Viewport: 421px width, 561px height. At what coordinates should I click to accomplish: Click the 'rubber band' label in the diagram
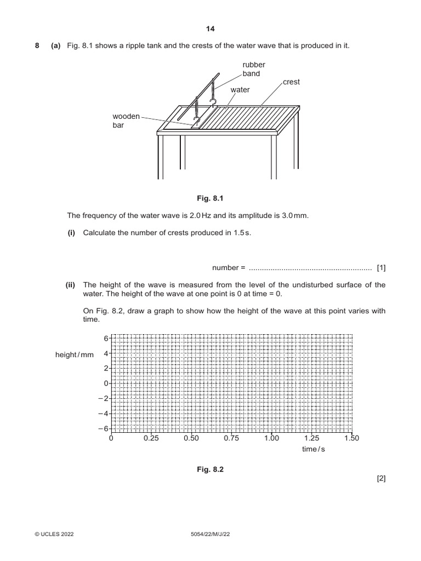pos(254,69)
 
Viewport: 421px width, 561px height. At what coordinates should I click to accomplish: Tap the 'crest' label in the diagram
pos(292,82)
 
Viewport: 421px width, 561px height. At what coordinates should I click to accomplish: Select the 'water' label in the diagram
pos(240,89)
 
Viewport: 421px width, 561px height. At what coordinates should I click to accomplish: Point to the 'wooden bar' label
pos(127,121)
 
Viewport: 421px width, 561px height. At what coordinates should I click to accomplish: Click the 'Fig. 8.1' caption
pos(210,198)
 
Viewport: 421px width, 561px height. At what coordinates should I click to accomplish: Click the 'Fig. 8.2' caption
pos(210,470)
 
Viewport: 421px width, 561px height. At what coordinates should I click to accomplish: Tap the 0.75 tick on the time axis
pos(231,438)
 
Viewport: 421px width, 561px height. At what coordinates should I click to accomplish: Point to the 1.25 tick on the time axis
pos(311,438)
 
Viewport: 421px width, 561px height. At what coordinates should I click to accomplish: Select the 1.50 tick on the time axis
pos(351,438)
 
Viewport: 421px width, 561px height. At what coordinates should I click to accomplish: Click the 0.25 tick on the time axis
pos(151,438)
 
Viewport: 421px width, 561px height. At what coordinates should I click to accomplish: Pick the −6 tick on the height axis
pos(103,428)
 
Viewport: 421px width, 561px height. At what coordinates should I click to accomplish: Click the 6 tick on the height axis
pos(106,339)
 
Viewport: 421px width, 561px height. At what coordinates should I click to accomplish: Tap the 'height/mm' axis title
pos(75,355)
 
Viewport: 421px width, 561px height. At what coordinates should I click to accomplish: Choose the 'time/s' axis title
pos(313,449)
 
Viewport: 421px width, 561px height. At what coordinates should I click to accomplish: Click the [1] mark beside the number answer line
pos(381,268)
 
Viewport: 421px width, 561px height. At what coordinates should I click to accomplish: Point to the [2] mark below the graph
pos(381,478)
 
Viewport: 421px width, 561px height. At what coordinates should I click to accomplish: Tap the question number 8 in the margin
pos(37,46)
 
